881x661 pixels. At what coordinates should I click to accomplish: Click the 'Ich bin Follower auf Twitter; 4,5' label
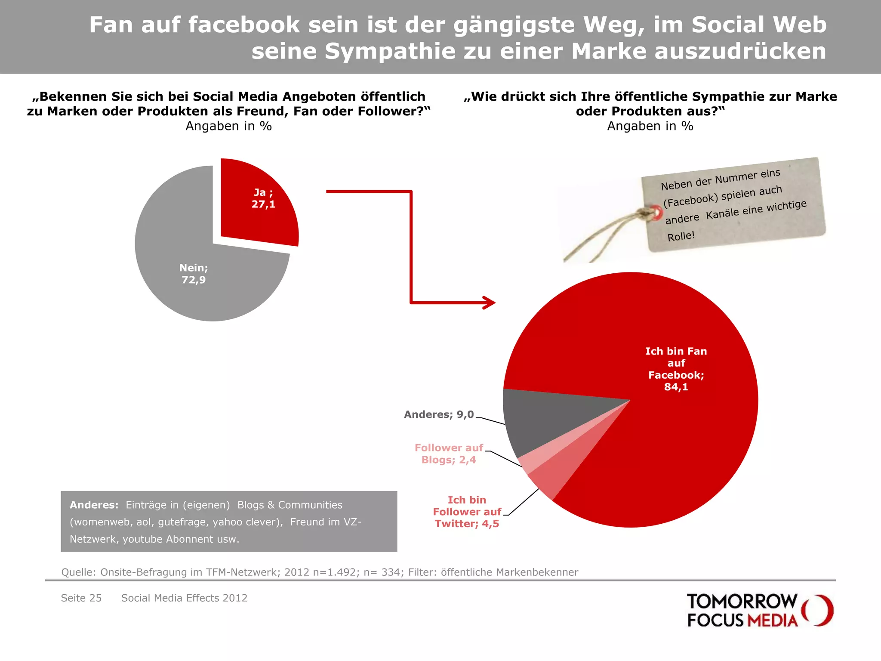pos(467,512)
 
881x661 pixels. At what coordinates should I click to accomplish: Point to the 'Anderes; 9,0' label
pos(439,414)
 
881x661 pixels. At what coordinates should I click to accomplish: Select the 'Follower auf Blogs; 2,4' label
pos(449,454)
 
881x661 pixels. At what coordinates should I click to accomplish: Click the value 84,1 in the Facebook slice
pos(676,387)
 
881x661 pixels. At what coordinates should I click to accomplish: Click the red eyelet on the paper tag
pos(656,212)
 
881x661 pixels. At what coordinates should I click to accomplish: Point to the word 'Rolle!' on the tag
pos(681,236)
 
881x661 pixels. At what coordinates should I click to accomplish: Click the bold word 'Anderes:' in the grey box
pos(94,505)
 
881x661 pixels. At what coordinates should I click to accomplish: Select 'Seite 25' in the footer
pos(81,598)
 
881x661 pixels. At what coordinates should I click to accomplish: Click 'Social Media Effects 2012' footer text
pos(184,598)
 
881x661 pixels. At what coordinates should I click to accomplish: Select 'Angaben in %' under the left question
pos(228,126)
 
